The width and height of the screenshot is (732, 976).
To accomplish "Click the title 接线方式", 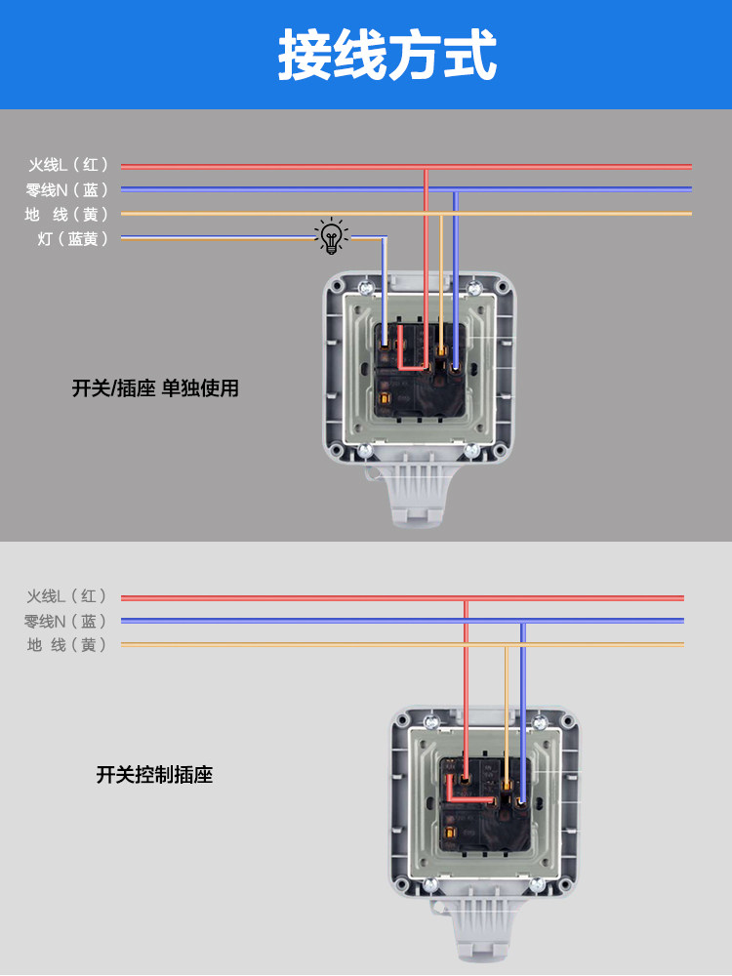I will (387, 54).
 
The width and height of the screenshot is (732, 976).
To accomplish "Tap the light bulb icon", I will (332, 236).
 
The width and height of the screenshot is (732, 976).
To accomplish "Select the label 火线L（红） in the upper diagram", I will (67, 165).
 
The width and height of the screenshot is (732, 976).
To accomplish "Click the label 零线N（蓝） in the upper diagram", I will (67, 189).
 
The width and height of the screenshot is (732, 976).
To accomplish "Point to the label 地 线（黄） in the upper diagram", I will (67, 214).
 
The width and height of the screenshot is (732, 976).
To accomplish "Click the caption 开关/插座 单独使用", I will (155, 388).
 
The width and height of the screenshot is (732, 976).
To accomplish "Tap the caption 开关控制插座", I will (154, 775).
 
